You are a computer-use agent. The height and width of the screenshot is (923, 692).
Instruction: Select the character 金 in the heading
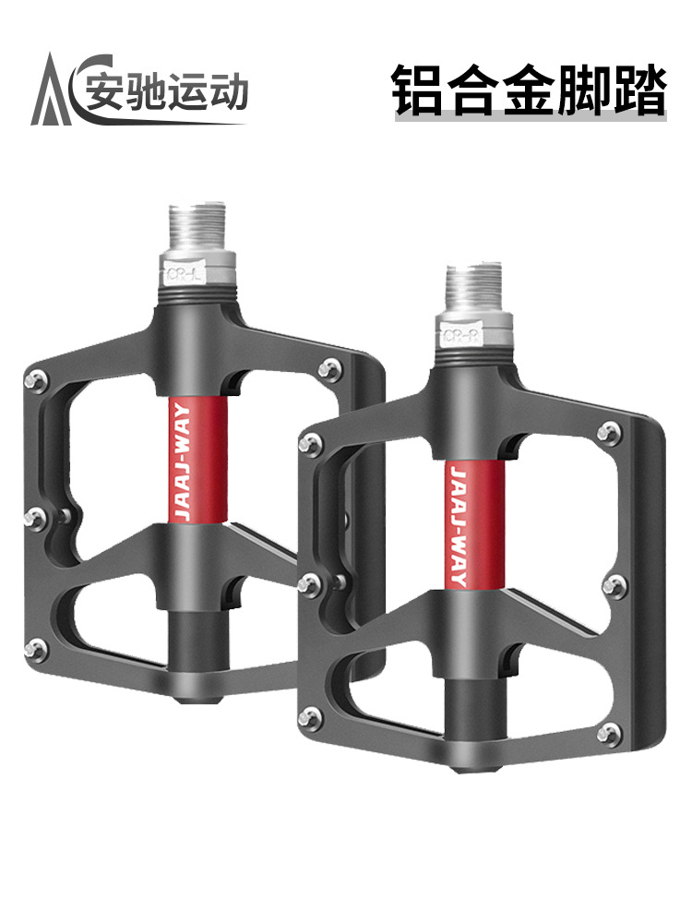click(x=529, y=90)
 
